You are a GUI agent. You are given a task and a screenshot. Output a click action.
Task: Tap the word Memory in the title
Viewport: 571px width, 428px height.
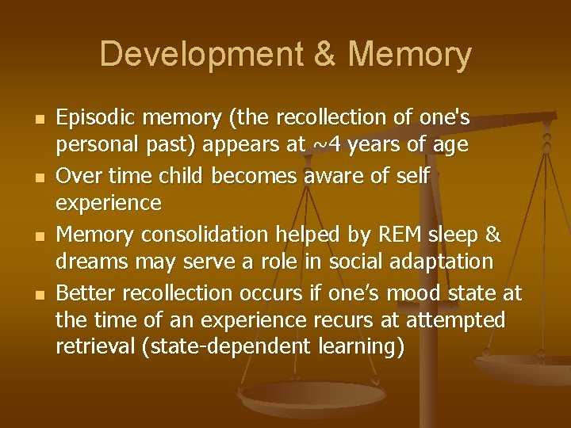click(x=410, y=55)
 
